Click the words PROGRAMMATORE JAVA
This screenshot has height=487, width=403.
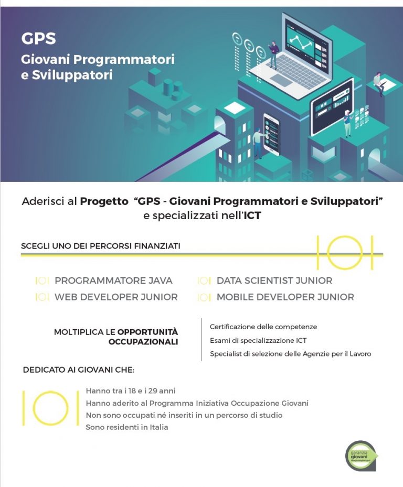(113, 280)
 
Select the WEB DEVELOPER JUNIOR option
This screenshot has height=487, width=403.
(116, 297)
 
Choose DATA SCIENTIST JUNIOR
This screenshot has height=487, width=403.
(274, 280)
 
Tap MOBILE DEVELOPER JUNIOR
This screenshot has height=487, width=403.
(285, 297)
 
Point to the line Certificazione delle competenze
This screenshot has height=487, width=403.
(263, 327)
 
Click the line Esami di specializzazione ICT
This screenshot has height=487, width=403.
(258, 340)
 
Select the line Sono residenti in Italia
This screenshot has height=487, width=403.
(127, 427)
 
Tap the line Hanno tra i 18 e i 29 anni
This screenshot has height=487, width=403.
(131, 391)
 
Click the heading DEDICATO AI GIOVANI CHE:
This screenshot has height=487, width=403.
(79, 370)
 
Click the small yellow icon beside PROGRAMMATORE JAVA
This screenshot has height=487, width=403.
(42, 281)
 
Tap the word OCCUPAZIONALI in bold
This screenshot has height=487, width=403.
(143, 342)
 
